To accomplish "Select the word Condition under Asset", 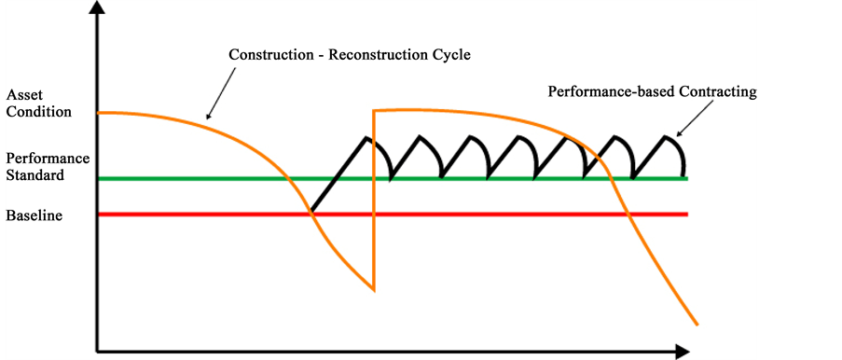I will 38,112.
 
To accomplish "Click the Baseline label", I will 34,215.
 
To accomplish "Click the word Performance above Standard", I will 47,158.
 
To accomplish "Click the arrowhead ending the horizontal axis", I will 683,352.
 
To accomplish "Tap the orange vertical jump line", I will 373,201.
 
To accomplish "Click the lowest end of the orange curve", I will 697,325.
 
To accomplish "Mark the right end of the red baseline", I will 687,215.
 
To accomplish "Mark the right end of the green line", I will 687,177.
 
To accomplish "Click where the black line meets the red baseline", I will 311,215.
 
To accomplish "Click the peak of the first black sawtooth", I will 368,138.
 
